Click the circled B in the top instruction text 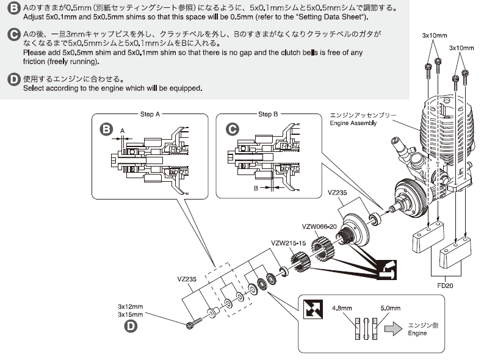pyautogui.click(x=13, y=8)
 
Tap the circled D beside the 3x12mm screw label pyautogui.click(x=131, y=326)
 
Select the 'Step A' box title pyautogui.click(x=150, y=114)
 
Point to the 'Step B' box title pyautogui.click(x=268, y=114)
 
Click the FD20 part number pyautogui.click(x=445, y=286)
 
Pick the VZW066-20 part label pyautogui.click(x=319, y=227)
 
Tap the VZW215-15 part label pyautogui.click(x=289, y=243)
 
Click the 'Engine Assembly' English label pyautogui.click(x=353, y=123)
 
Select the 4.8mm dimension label pyautogui.click(x=342, y=308)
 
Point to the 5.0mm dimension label pyautogui.click(x=391, y=308)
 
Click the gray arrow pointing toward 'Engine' pyautogui.click(x=393, y=329)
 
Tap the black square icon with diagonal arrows pyautogui.click(x=313, y=309)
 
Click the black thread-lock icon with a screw pyautogui.click(x=386, y=270)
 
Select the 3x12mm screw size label pyautogui.click(x=131, y=306)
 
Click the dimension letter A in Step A pyautogui.click(x=123, y=131)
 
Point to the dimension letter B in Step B pyautogui.click(x=256, y=189)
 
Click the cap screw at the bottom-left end pyautogui.click(x=194, y=324)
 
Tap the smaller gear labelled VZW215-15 pyautogui.click(x=300, y=261)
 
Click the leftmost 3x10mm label pyautogui.click(x=435, y=35)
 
